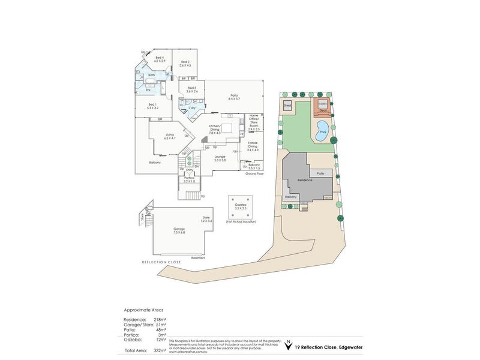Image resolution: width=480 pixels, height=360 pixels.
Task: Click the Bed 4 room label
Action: pyautogui.click(x=159, y=59)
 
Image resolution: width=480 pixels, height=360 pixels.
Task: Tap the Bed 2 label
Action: pyautogui.click(x=185, y=64)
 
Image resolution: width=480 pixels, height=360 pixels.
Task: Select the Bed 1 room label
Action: pyautogui.click(x=152, y=107)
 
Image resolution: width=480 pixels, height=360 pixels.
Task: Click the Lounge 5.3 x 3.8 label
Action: pyautogui.click(x=220, y=158)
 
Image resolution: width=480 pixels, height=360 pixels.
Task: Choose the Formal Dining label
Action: pyautogui.click(x=253, y=148)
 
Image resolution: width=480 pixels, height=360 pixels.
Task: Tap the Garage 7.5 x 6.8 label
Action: pyautogui.click(x=179, y=230)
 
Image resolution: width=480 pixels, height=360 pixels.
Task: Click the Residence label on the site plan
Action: pyautogui.click(x=305, y=180)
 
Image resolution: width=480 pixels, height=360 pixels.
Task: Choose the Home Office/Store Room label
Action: pyautogui.click(x=254, y=122)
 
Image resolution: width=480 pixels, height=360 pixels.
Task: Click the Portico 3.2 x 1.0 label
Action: pyautogui.click(x=189, y=179)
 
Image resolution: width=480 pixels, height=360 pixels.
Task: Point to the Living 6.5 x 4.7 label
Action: pyautogui.click(x=170, y=136)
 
